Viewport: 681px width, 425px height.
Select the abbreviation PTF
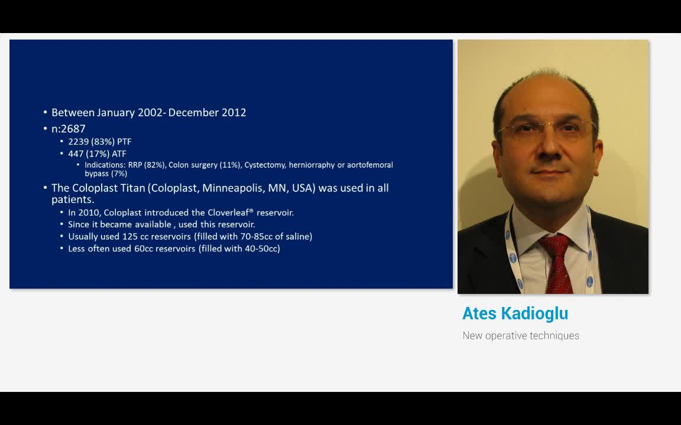click(x=124, y=142)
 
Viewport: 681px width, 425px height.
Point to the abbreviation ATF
click(x=119, y=153)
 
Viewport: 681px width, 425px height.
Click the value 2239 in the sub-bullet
click(x=78, y=142)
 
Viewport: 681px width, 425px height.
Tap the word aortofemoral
click(x=369, y=165)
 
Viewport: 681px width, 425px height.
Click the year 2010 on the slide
click(x=89, y=212)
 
